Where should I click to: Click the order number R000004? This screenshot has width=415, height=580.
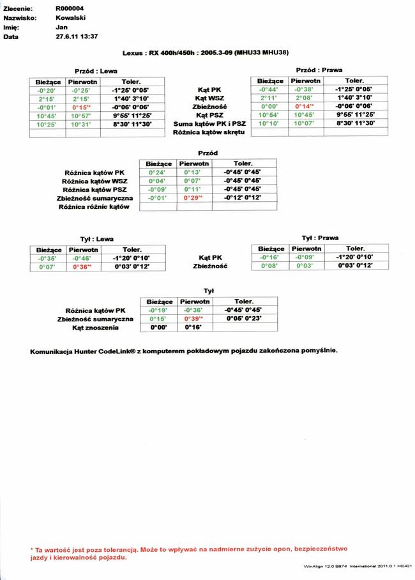point(70,8)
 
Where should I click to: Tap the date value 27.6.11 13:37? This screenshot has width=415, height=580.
point(77,37)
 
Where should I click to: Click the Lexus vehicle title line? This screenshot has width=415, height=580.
point(206,54)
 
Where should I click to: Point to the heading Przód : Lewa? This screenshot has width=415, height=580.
point(96,71)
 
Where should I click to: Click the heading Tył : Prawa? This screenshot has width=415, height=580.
point(320,238)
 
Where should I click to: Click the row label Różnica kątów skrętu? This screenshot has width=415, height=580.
point(209,132)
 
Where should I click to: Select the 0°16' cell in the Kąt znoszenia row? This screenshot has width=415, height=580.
point(193,326)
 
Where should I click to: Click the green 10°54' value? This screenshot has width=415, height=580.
point(270,114)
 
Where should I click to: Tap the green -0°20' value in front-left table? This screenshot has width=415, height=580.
point(47,90)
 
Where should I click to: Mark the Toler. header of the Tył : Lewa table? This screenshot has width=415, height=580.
point(132,249)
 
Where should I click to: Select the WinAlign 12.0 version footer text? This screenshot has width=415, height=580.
point(358,566)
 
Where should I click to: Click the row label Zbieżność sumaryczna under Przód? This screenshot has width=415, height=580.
point(94,199)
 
